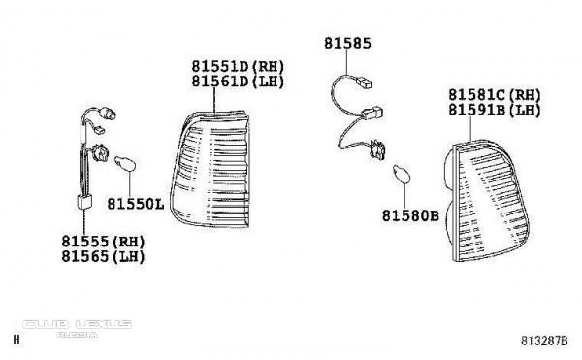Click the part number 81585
pos(347,43)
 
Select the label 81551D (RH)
pos(238,66)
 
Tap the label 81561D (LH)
pos(238,82)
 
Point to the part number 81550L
pos(136,204)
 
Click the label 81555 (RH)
pos(103,242)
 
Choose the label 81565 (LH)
pos(103,256)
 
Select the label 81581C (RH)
pos(495,95)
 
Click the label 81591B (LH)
pos(495,110)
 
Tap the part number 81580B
pos(410,215)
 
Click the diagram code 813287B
pos(544,341)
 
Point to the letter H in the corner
pos(16,340)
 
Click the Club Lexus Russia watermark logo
pos(78,328)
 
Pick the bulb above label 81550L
pos(125,163)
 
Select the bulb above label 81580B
pos(402,174)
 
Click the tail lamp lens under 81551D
pos(210,169)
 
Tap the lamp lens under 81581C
pos(487,201)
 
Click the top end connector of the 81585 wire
pos(364,82)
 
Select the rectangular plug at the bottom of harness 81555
pos(84,202)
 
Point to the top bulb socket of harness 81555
pos(108,114)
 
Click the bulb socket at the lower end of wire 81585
pos(378,150)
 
